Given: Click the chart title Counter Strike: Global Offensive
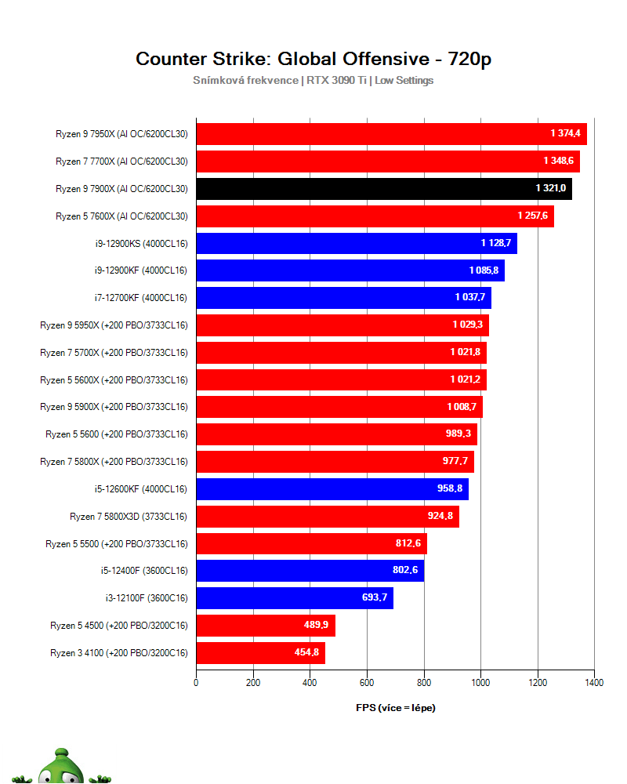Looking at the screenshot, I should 313,59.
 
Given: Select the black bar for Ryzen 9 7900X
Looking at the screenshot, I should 383,189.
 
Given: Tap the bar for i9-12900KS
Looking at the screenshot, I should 356,243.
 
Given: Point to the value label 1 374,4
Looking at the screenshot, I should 565,134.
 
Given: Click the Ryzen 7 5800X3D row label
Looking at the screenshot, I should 129,517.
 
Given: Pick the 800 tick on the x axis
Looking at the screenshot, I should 424,683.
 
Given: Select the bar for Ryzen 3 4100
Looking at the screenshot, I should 260,653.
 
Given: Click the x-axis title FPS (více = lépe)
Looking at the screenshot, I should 396,708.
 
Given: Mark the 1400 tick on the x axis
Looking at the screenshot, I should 594,683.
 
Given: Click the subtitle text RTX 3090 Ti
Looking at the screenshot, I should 336,80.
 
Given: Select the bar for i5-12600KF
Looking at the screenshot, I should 332,489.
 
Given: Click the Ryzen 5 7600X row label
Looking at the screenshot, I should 121,216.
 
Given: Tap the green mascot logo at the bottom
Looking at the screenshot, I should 63,767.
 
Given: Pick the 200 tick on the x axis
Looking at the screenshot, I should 253,683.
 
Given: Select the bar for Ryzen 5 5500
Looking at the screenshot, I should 311,543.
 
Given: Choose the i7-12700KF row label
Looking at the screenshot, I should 140,298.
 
